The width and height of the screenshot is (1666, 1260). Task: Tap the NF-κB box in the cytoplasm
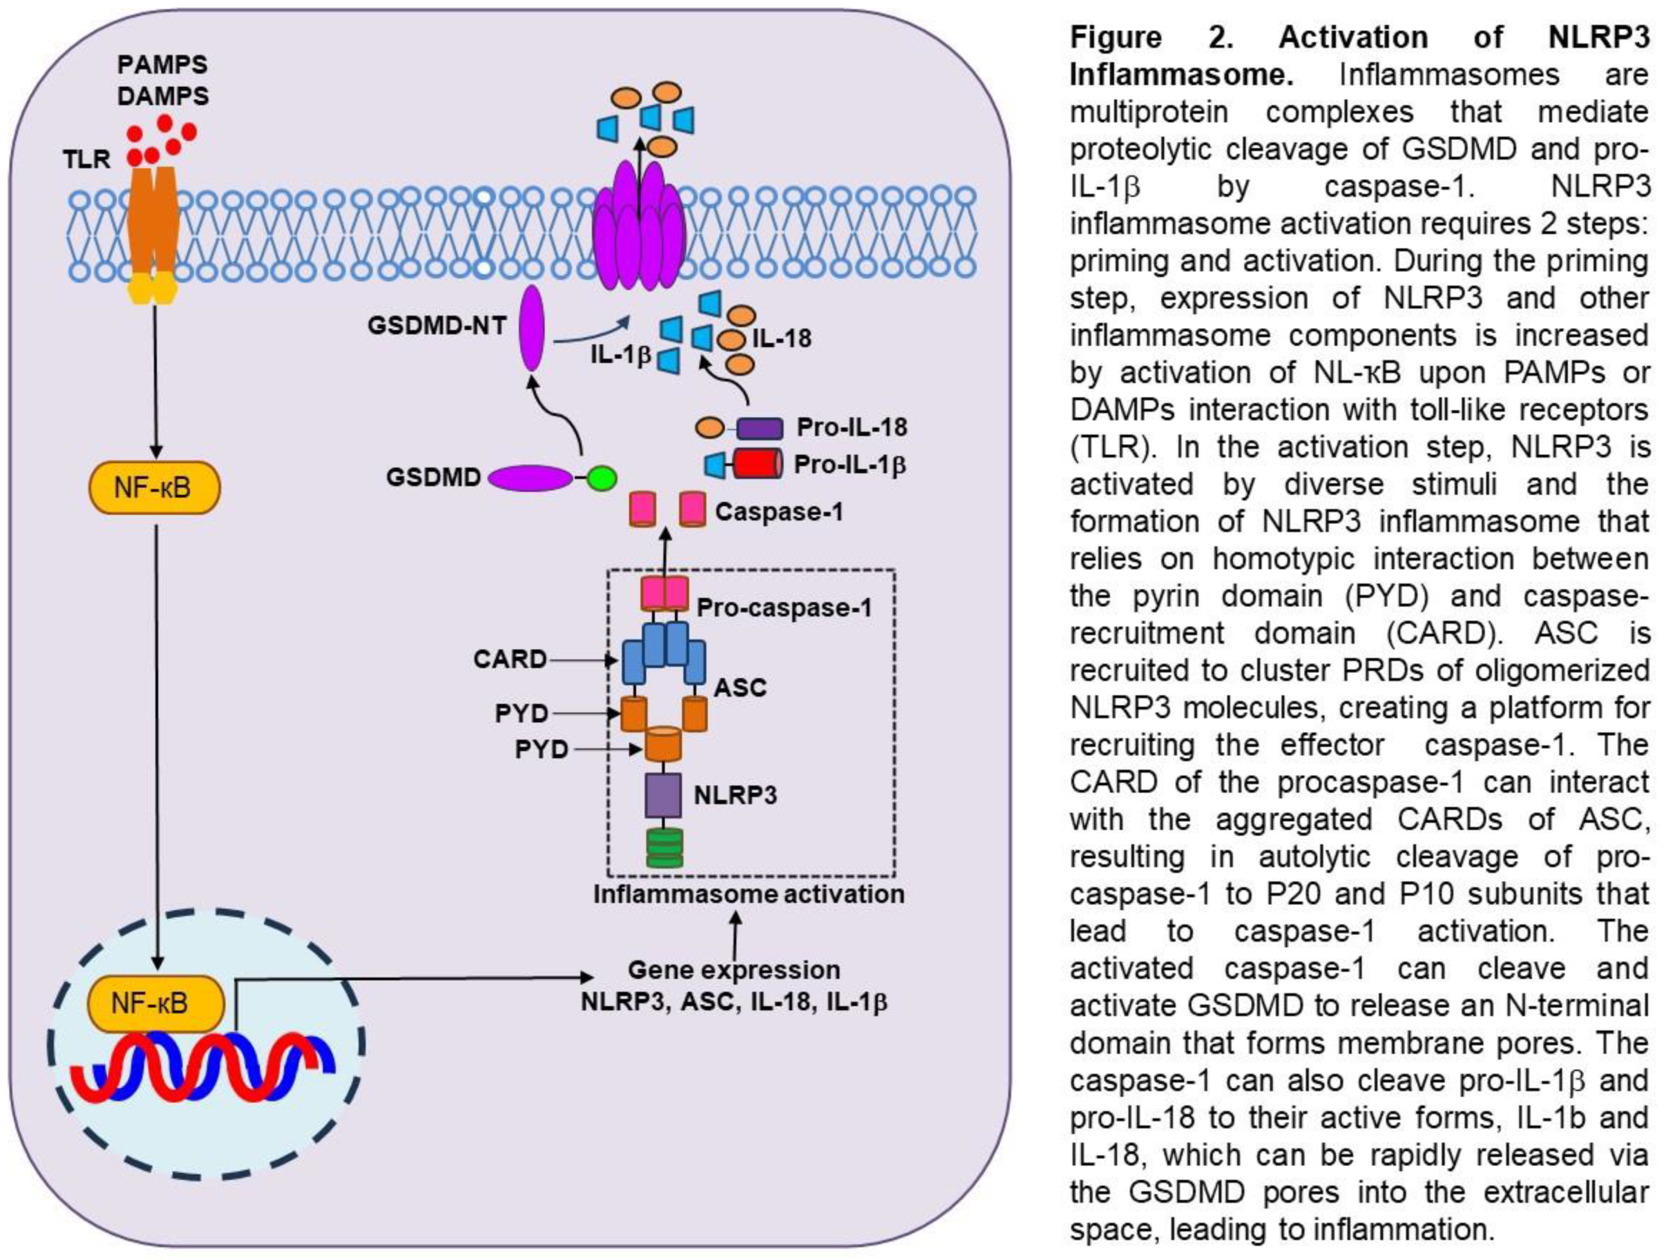coord(155,488)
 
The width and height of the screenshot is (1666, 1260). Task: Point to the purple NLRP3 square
coord(664,795)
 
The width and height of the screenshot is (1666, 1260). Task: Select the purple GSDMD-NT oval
coord(532,328)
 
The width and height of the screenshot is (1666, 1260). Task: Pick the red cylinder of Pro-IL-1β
coord(757,464)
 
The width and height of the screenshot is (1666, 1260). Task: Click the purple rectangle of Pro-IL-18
coord(758,428)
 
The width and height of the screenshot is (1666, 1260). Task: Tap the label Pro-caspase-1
coord(784,607)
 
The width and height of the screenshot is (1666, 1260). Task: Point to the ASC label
coord(740,687)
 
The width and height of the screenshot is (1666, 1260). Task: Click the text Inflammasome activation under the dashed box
coord(749,894)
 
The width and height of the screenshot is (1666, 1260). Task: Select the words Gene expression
coord(734,969)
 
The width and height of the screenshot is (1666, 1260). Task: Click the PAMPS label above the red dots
coord(162,65)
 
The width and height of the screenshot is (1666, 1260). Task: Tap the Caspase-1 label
coord(779,512)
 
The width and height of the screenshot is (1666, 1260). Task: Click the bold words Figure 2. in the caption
coord(1152,37)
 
